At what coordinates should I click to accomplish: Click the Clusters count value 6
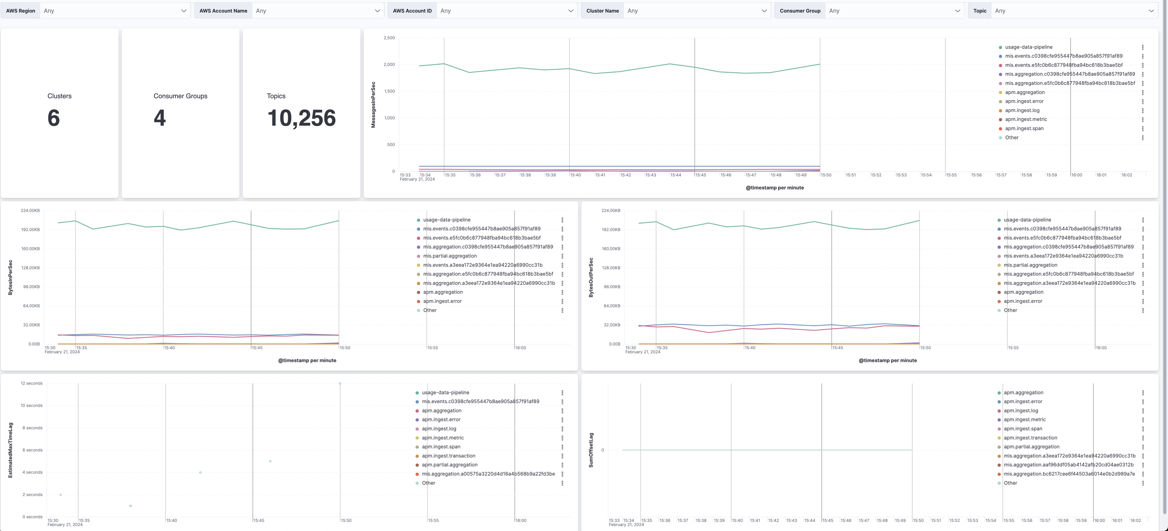(x=53, y=118)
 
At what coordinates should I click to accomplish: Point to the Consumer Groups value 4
(x=160, y=118)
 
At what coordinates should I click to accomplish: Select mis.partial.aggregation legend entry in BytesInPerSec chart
(x=450, y=256)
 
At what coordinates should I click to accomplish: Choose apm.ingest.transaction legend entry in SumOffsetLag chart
(x=1030, y=438)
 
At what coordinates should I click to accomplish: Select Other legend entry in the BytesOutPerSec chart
(x=1010, y=310)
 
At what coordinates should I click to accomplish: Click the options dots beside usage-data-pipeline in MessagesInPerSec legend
(x=1143, y=47)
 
